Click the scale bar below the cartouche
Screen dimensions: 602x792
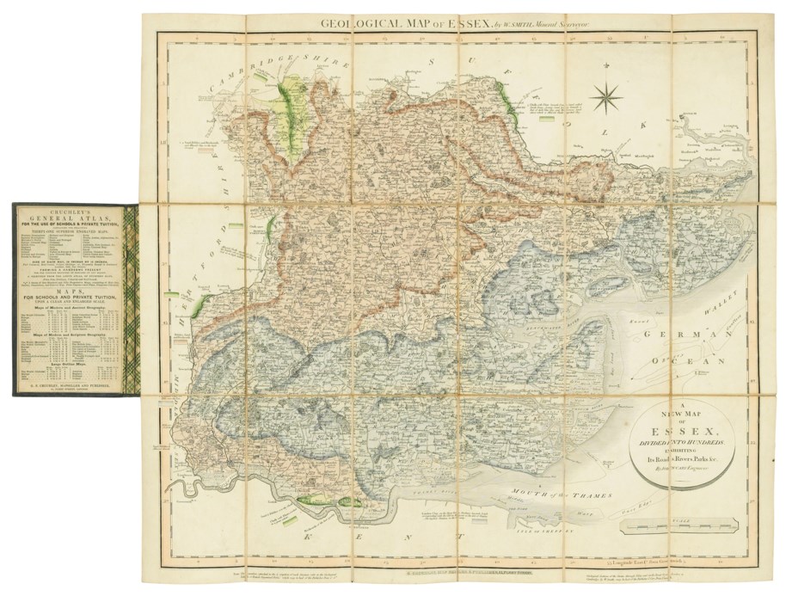(676, 520)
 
